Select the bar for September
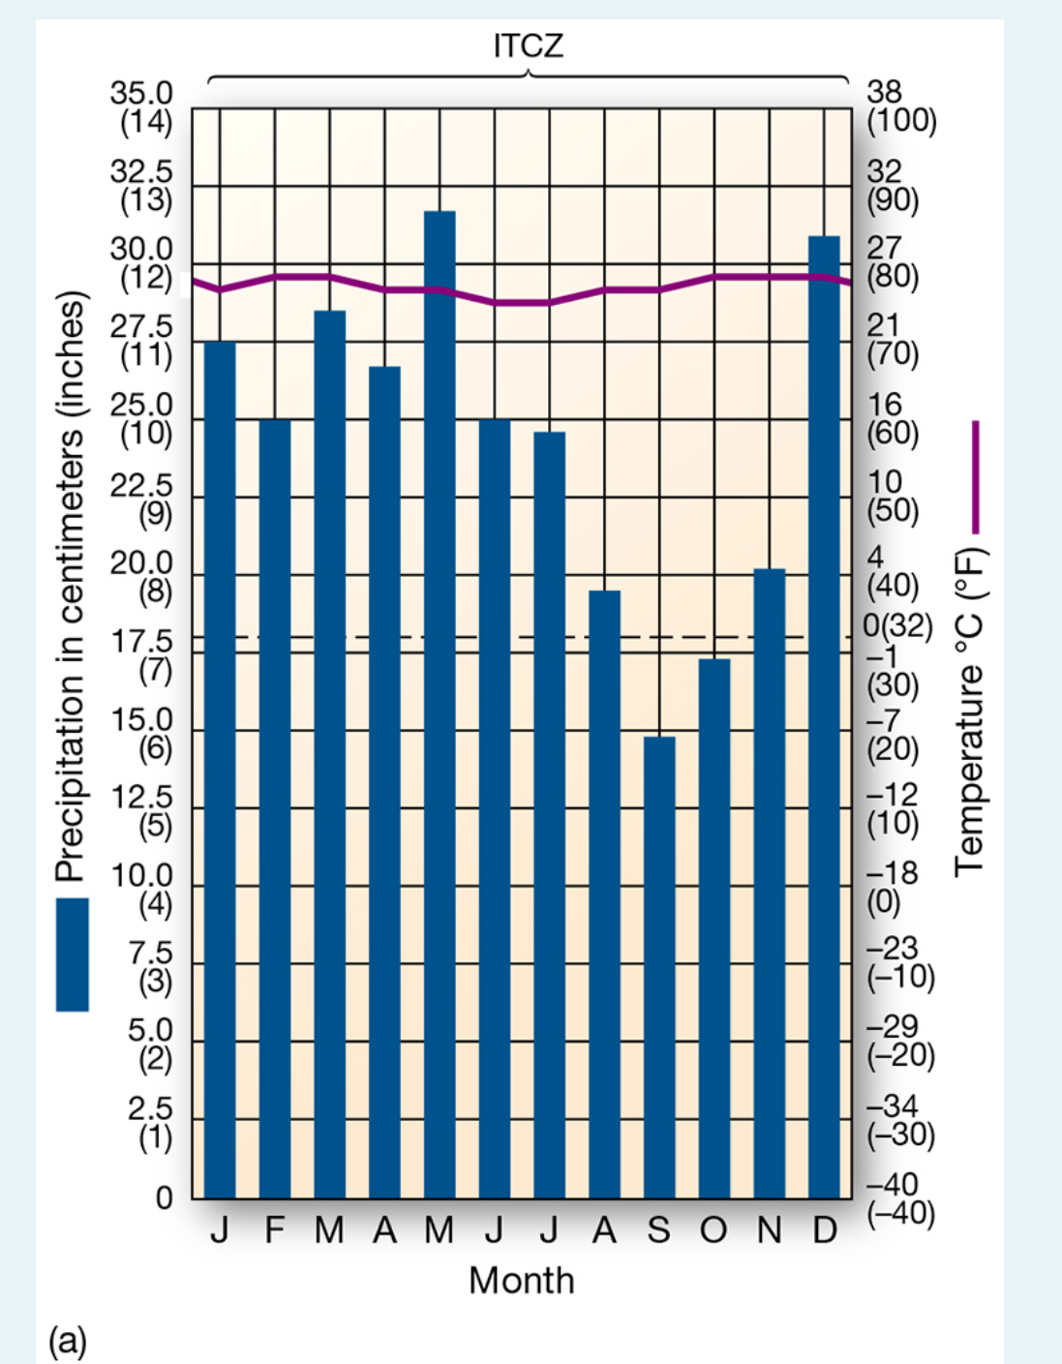pyautogui.click(x=659, y=967)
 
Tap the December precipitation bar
pyautogui.click(x=824, y=716)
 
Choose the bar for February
pyautogui.click(x=275, y=808)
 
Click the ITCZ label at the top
pyautogui.click(x=528, y=45)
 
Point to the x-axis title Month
pyautogui.click(x=521, y=1280)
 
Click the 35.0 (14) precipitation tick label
pyautogui.click(x=142, y=106)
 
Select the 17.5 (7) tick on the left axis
pyautogui.click(x=142, y=655)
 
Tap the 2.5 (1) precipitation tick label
pyautogui.click(x=149, y=1123)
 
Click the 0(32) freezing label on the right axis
pyautogui.click(x=897, y=625)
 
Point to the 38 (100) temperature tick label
pyautogui.click(x=900, y=106)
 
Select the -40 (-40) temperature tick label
pyautogui.click(x=900, y=1198)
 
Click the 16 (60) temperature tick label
pyautogui.click(x=893, y=418)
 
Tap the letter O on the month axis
pyautogui.click(x=713, y=1230)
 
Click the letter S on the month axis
pyautogui.click(x=658, y=1230)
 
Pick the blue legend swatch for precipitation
pyautogui.click(x=72, y=955)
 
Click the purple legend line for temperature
pyautogui.click(x=975, y=476)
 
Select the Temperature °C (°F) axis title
pyautogui.click(x=970, y=712)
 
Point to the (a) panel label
pyautogui.click(x=68, y=1341)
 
